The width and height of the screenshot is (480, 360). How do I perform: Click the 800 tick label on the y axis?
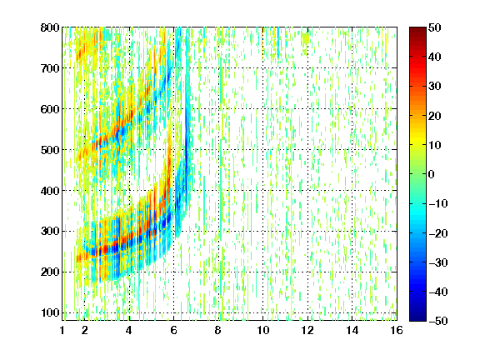click(x=50, y=27)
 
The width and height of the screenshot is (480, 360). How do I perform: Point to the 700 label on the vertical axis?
click(x=50, y=68)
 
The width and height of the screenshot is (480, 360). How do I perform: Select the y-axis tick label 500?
click(x=50, y=150)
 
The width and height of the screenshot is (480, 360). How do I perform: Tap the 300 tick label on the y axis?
click(x=50, y=232)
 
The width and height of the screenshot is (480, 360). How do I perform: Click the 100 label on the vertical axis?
click(x=50, y=312)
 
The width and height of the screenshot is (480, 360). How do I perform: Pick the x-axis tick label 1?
click(x=62, y=330)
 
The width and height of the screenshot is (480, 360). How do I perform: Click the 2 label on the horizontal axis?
click(x=84, y=330)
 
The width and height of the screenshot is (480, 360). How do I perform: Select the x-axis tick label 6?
click(x=173, y=330)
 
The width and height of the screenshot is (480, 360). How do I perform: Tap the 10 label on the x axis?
click(x=262, y=330)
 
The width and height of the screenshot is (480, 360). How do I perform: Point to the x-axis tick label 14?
click(x=352, y=330)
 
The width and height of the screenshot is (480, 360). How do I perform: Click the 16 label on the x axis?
click(x=397, y=330)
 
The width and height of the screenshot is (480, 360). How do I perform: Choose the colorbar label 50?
click(x=434, y=27)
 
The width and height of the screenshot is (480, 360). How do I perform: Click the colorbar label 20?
click(x=434, y=116)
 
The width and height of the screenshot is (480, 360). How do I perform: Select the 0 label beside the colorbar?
click(x=431, y=174)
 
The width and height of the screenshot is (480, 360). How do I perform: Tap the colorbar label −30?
click(x=438, y=262)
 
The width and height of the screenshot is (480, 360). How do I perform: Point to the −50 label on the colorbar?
click(x=438, y=321)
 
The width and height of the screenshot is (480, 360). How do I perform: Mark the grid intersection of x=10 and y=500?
click(x=262, y=150)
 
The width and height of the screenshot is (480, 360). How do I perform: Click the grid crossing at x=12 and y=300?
click(x=307, y=232)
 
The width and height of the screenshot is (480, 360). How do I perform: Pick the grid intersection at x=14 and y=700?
click(x=352, y=68)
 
